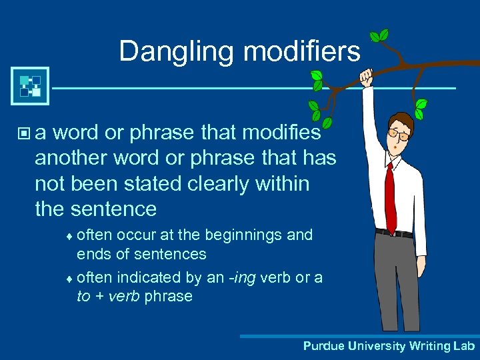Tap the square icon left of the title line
30,86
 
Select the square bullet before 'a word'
25,134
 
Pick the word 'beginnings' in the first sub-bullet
239,235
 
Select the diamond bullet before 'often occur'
71,236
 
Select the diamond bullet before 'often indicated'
71,278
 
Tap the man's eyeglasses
398,135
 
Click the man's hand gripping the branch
367,77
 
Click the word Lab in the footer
464,346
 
